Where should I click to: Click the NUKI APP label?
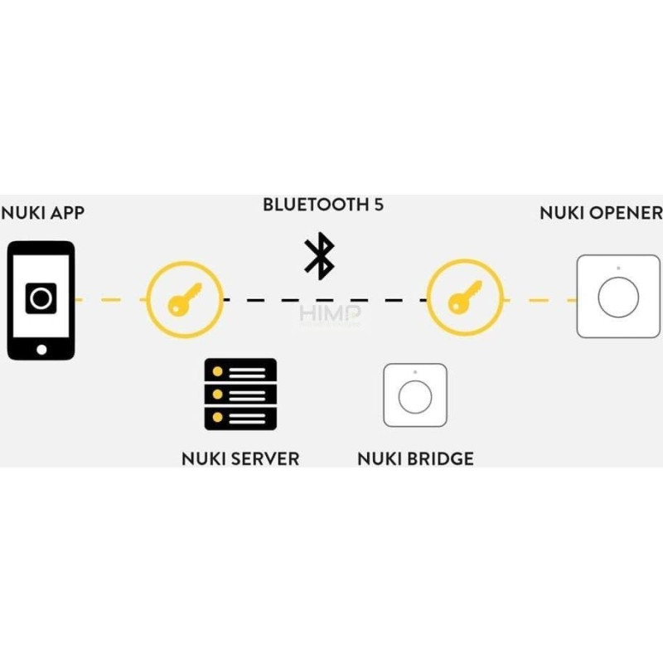(x=42, y=213)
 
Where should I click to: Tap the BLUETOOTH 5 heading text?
(x=323, y=205)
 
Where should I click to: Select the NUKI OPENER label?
(x=601, y=213)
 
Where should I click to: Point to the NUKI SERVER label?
(x=240, y=457)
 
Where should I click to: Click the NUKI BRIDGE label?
(x=415, y=457)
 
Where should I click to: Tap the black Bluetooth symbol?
(x=319, y=256)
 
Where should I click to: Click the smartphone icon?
(x=41, y=300)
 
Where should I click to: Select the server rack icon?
(x=240, y=394)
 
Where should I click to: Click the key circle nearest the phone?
(x=185, y=298)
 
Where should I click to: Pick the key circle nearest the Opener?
(x=464, y=298)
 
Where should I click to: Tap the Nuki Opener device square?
(x=618, y=297)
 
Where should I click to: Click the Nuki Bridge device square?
(x=414, y=395)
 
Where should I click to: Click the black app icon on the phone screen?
(x=41, y=298)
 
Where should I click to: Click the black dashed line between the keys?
(x=273, y=299)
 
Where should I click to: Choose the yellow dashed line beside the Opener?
(x=539, y=299)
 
